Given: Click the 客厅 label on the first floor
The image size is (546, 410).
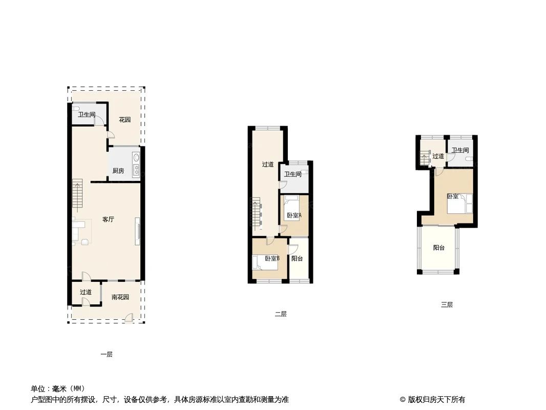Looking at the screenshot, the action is tap(108, 219).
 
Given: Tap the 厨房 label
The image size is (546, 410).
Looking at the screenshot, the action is tap(118, 171).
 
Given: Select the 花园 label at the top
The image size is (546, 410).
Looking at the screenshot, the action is tap(124, 120).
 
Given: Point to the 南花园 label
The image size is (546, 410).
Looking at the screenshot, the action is tap(120, 297).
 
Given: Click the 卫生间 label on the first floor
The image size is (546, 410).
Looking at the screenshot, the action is tap(87, 115).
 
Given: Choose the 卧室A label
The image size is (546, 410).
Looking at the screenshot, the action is tap(294, 216).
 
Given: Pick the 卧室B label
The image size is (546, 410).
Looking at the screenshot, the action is tap(272, 258).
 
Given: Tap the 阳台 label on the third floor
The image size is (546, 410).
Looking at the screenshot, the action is tap(439, 248).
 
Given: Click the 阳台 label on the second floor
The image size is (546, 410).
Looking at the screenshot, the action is tap(297, 258).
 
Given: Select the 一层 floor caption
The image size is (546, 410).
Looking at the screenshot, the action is tap(107, 355).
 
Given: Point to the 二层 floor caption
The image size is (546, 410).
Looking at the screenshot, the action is tap(281, 314).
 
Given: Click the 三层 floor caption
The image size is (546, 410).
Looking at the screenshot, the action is tap(447, 305).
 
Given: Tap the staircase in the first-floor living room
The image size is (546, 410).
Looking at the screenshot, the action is tap(78, 196).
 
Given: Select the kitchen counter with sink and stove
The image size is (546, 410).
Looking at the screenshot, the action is tap(136, 163).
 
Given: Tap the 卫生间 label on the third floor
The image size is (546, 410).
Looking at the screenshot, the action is tap(460, 150).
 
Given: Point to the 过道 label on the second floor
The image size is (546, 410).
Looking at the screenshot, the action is tap(268, 165).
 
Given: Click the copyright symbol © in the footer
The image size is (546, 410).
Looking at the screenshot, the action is tap(403, 400).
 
